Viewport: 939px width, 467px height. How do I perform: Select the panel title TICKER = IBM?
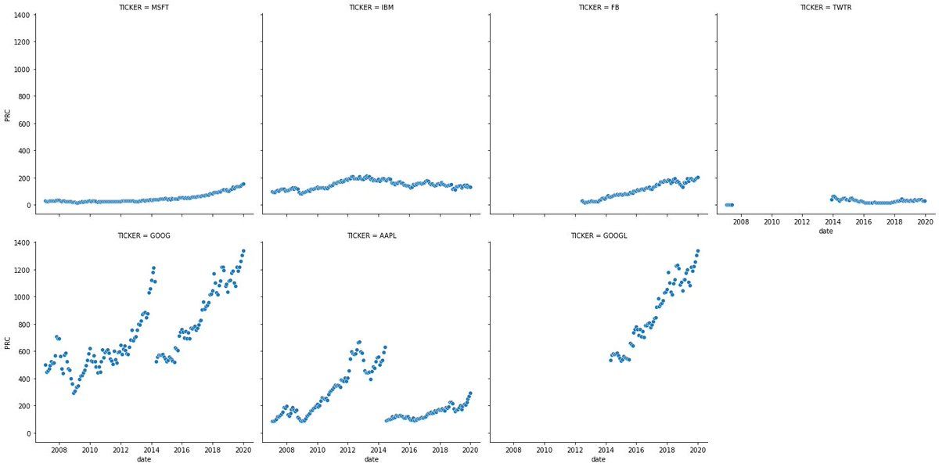[372, 7]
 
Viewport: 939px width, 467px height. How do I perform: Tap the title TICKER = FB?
[599, 7]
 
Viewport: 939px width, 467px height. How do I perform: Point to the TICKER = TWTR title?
[826, 7]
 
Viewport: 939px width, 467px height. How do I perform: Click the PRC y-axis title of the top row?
[8, 117]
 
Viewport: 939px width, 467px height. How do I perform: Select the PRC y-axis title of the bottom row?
[8, 343]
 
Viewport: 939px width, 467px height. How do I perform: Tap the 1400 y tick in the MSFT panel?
[21, 16]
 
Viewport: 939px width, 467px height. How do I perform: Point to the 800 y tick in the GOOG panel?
[23, 325]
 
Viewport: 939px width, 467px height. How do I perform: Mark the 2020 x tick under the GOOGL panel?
[697, 450]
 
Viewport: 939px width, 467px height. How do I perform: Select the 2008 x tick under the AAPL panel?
[286, 450]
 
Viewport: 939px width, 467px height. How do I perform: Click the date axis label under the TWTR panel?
[826, 232]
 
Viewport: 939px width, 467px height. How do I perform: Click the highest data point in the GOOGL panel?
[697, 251]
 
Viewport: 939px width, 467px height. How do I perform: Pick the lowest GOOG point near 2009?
[74, 392]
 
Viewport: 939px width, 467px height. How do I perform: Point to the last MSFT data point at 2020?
[243, 185]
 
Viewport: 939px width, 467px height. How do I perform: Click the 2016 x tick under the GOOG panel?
[182, 450]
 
